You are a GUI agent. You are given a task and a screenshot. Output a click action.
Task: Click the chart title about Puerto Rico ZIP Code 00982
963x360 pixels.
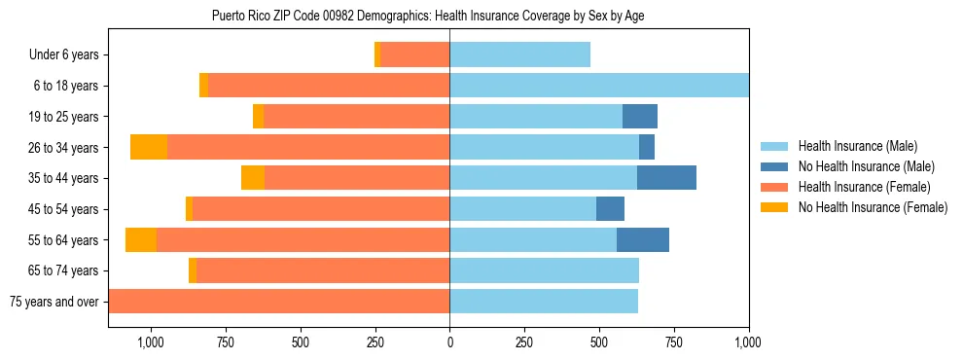coord(428,16)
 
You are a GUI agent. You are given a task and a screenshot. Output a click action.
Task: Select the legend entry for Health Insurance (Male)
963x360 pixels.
coord(856,146)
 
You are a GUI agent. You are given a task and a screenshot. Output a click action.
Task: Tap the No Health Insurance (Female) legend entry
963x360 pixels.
coord(873,207)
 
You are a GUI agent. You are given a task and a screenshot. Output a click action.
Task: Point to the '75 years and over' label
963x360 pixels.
coord(54,302)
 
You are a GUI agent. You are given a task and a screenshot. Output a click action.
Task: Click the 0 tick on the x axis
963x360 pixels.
coord(449,342)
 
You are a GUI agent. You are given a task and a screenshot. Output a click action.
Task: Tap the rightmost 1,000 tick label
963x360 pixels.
coord(749,342)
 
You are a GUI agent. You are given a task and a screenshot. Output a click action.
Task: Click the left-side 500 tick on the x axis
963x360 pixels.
coord(300,342)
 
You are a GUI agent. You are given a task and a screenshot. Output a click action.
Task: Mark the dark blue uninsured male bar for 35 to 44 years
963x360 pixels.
coord(666,178)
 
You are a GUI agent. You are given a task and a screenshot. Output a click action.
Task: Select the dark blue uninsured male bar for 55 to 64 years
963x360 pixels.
coord(643,239)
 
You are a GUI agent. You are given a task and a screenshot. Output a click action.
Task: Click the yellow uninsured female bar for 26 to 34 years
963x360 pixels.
coord(149,147)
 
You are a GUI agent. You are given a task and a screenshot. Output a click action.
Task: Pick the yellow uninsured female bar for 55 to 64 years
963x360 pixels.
coord(141,239)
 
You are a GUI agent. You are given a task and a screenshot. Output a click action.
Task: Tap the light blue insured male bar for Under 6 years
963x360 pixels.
coord(519,55)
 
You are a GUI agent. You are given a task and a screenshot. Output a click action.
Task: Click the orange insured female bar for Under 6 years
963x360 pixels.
coord(414,55)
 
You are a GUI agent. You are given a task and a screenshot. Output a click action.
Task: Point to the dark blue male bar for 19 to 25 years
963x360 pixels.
coord(640,117)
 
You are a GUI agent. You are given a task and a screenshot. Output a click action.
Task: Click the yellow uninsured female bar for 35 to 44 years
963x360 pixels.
coord(253,178)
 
